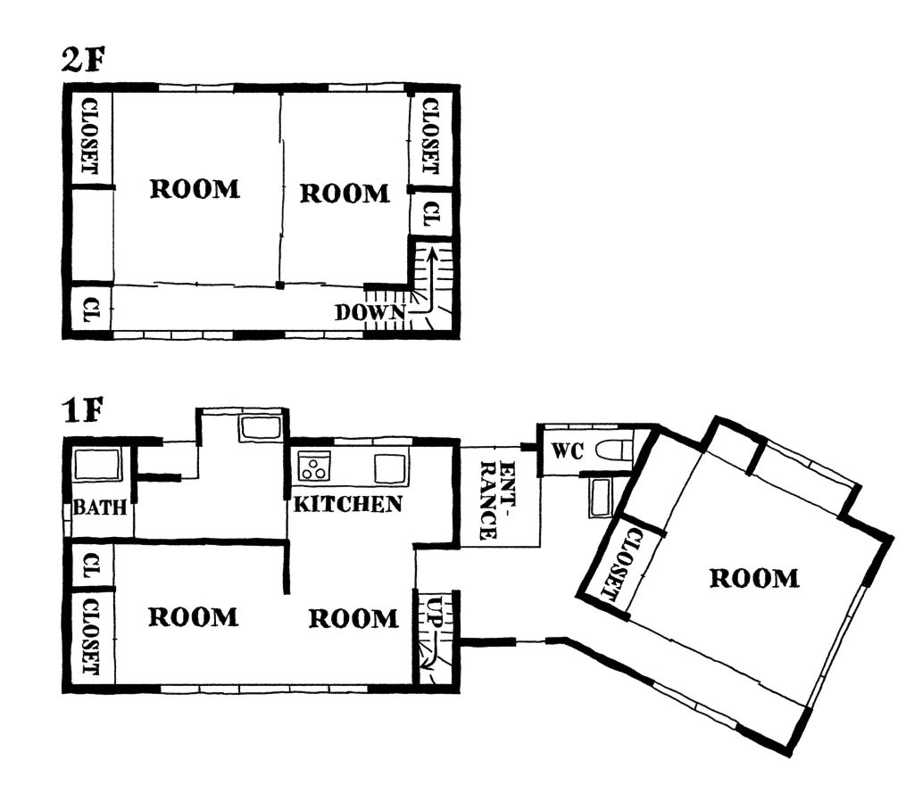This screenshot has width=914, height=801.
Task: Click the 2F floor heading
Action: [82, 60]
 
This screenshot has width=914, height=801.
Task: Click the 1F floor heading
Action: [83, 410]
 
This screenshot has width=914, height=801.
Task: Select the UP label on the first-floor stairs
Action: [436, 610]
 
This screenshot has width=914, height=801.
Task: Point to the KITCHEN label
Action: [348, 503]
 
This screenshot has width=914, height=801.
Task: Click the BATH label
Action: [100, 507]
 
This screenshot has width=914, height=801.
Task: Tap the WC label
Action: [567, 450]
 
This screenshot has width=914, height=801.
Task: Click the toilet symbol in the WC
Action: [614, 450]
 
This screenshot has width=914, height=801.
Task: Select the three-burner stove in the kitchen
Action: [314, 467]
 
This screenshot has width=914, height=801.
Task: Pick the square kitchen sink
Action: [389, 468]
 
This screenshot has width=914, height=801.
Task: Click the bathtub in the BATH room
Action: [97, 465]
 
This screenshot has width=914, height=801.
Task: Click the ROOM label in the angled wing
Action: [753, 578]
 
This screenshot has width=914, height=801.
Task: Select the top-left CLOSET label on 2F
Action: [89, 136]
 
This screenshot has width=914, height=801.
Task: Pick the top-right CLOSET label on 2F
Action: [429, 136]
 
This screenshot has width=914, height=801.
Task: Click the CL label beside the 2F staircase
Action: [431, 214]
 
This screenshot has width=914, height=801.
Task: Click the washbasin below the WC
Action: [601, 496]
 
